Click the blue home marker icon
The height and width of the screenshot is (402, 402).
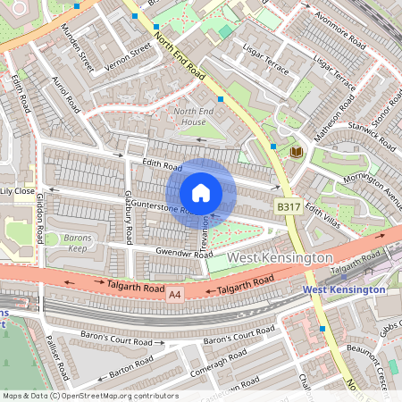click(x=201, y=193)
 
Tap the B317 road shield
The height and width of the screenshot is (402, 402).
click(x=287, y=206)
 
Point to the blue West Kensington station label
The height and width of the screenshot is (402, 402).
click(x=344, y=289)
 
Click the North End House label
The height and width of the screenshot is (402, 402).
click(x=189, y=116)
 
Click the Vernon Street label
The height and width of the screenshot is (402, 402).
click(x=128, y=57)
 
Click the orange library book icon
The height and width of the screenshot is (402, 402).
click(x=296, y=153)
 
